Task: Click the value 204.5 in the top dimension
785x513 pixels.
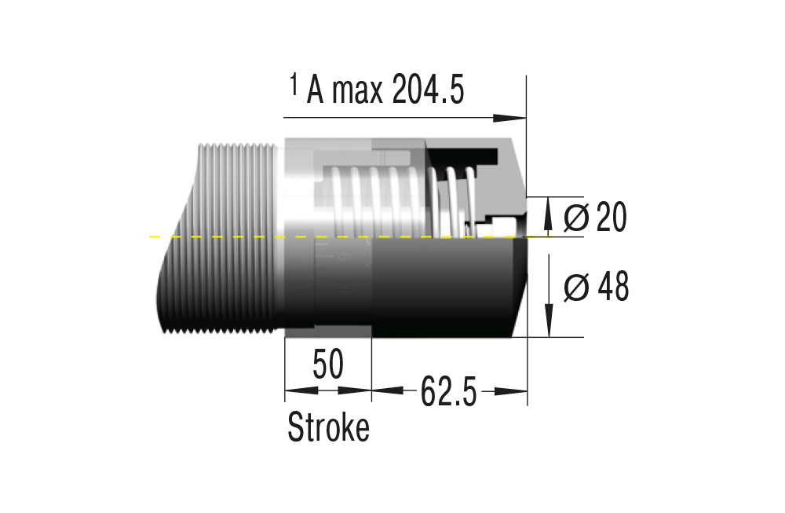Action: tap(429, 90)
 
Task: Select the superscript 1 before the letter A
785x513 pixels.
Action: tap(294, 84)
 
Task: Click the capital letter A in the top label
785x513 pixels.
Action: tap(316, 90)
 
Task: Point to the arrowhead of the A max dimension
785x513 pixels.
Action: tap(509, 118)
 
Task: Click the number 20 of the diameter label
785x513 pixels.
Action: tap(612, 217)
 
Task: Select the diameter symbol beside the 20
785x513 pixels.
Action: tap(576, 218)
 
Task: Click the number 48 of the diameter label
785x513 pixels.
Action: tap(613, 287)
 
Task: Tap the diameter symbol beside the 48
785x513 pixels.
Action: tap(576, 288)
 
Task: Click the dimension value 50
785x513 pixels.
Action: tap(328, 365)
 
